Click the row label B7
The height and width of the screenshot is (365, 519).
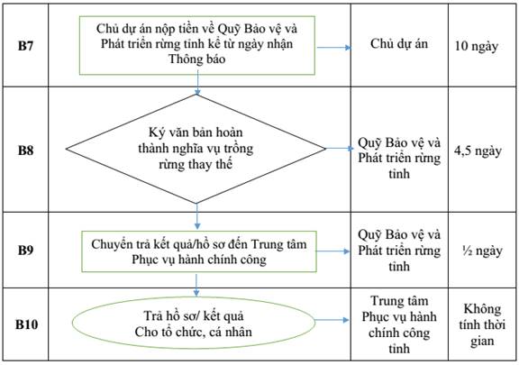pyautogui.click(x=25, y=46)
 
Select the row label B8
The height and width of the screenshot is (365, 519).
pyautogui.click(x=25, y=151)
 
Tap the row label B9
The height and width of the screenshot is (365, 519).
pyautogui.click(x=25, y=250)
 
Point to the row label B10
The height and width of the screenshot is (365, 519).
pyautogui.click(x=26, y=324)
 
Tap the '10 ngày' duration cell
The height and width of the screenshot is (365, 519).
pyautogui.click(x=477, y=46)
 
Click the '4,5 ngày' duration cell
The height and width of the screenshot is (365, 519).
pyautogui.click(x=478, y=151)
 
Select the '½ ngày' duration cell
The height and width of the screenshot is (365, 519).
pyautogui.click(x=482, y=251)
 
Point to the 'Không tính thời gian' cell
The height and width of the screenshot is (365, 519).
pyautogui.click(x=482, y=325)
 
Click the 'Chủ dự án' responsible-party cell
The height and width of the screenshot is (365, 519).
pyautogui.click(x=399, y=44)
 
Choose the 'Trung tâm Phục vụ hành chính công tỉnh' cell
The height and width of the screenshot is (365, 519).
pyautogui.click(x=399, y=324)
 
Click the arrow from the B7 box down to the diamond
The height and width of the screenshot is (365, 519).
pyautogui.click(x=197, y=83)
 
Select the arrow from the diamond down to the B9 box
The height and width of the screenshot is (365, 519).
pyautogui.click(x=197, y=216)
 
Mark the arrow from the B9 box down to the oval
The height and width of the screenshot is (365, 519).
pyautogui.click(x=196, y=285)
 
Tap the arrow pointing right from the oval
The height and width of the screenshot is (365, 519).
pyautogui.click(x=332, y=320)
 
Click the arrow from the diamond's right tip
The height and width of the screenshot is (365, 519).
pyautogui.click(x=340, y=149)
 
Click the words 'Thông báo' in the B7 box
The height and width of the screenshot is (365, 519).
pyautogui.click(x=197, y=59)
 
